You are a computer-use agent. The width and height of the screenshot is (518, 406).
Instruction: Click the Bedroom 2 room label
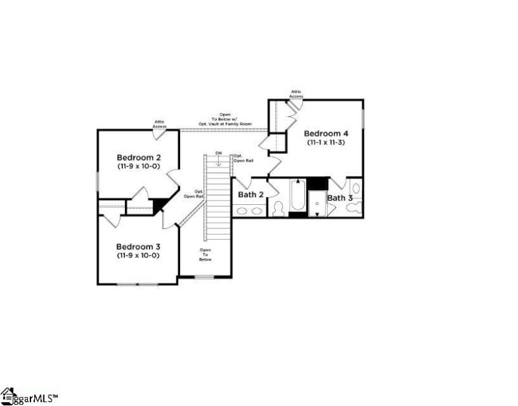[x=139, y=157]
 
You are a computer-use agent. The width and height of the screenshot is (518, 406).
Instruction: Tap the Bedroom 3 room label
[x=139, y=246]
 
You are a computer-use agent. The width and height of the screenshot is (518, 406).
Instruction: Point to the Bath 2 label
[x=251, y=194]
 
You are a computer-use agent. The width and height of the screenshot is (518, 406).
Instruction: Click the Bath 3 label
[x=340, y=198]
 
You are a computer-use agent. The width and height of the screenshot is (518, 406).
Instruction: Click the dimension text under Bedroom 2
[x=139, y=166]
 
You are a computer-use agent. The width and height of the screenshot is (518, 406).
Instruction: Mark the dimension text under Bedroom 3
[x=139, y=255]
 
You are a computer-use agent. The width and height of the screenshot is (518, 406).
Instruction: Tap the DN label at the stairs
[x=218, y=153]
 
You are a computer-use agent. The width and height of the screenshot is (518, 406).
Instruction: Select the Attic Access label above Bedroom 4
[x=297, y=94]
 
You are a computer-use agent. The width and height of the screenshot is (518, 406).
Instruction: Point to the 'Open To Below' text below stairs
[x=205, y=255]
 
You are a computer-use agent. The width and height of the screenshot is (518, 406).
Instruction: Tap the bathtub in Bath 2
[x=297, y=195]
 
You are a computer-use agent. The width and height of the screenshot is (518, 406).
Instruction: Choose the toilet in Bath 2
[x=279, y=208]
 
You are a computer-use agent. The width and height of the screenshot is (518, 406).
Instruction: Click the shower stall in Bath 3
[x=317, y=202]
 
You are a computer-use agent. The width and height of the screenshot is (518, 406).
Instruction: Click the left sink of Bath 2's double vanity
[x=241, y=211]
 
